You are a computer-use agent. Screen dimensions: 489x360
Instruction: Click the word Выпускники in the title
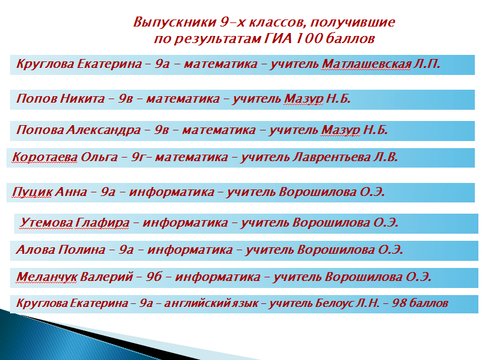point(175,23)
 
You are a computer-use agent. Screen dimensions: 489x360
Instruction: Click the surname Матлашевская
point(366,64)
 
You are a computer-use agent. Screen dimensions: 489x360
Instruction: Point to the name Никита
point(83,99)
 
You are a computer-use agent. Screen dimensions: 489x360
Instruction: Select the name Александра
point(103,130)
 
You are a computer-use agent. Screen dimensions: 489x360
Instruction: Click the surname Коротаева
point(45,157)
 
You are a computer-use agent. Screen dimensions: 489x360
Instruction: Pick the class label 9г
point(138,157)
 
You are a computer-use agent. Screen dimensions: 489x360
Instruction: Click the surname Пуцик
point(32,192)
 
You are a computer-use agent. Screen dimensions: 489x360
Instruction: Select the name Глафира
point(102,222)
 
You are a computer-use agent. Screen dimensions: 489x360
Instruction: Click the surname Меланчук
point(47,277)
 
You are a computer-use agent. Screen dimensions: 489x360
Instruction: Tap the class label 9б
point(154,277)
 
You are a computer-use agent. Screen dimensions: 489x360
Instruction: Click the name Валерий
point(107,277)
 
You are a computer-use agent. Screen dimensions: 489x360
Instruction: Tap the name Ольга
point(99,157)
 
